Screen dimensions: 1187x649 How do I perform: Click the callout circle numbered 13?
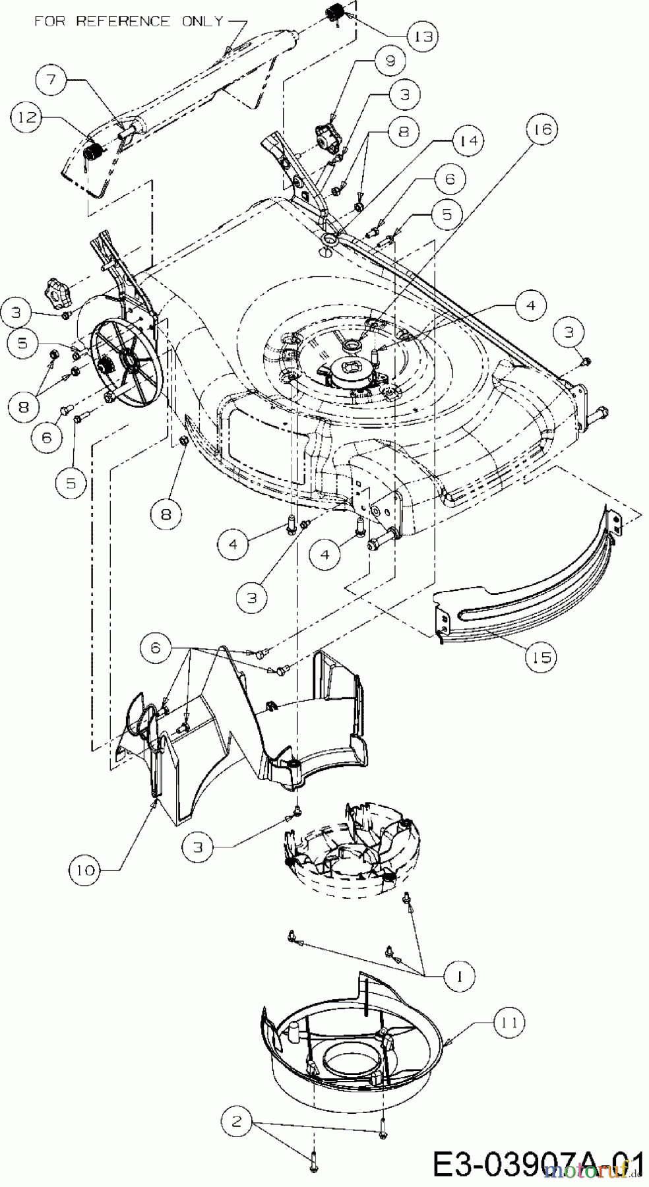[422, 37]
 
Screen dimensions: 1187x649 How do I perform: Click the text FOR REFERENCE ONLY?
[129, 22]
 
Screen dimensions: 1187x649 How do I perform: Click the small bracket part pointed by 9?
[328, 137]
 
